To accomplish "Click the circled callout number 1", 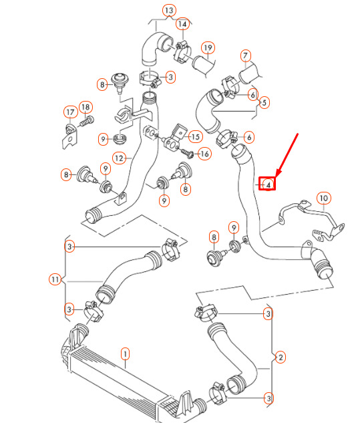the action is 125,354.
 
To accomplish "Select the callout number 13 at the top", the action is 169,11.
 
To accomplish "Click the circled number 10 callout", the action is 323,198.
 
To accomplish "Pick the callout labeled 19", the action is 208,48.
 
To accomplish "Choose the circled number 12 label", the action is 119,158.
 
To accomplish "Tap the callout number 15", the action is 196,137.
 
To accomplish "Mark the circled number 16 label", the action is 204,154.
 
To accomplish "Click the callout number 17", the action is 71,112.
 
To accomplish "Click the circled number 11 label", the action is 55,279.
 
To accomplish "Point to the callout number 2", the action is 281,358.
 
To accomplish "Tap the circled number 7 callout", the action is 245,56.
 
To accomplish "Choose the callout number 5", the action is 264,102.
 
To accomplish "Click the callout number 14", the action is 182,24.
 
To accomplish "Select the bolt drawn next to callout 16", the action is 187,153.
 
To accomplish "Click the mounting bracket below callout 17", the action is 70,137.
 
